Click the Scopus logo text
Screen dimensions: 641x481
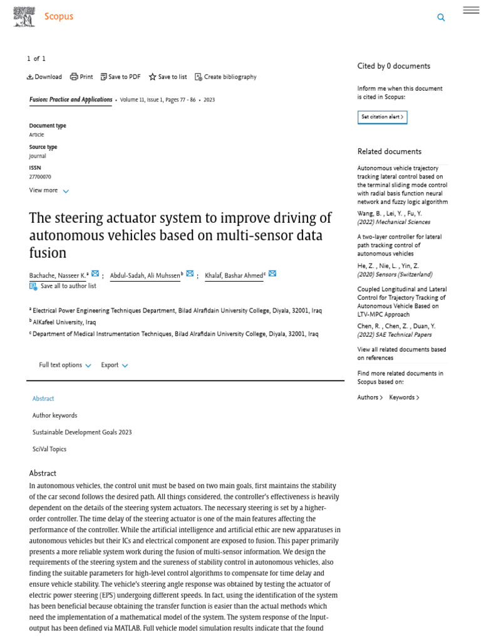pyautogui.click(x=58, y=17)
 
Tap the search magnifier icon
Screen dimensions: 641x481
pyautogui.click(x=441, y=18)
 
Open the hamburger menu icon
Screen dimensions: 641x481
pyautogui.click(x=471, y=10)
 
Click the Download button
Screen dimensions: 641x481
pyautogui.click(x=44, y=77)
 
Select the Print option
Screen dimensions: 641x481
pyautogui.click(x=81, y=77)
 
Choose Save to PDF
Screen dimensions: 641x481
pyautogui.click(x=121, y=77)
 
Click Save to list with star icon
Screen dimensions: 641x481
pyautogui.click(x=168, y=77)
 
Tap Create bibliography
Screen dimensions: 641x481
pyautogui.click(x=225, y=77)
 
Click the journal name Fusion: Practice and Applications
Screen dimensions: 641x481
pyautogui.click(x=71, y=100)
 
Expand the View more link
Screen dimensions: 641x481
pyautogui.click(x=49, y=190)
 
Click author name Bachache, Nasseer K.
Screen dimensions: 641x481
pyautogui.click(x=58, y=275)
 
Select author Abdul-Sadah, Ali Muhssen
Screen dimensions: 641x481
pyautogui.click(x=145, y=275)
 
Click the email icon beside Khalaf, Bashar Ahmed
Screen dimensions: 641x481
pyautogui.click(x=272, y=274)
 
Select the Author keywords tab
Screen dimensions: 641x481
pyautogui.click(x=54, y=415)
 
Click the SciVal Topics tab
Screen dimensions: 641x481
pyautogui.click(x=49, y=449)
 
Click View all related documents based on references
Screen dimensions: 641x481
pyautogui.click(x=401, y=354)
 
